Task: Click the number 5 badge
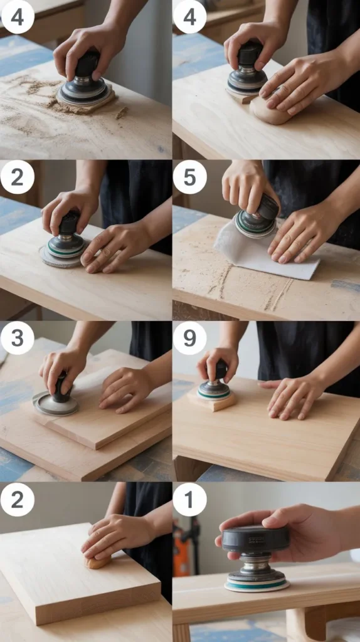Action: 189,177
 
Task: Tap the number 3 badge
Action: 17,338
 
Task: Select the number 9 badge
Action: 189,338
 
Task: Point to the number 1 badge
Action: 189,499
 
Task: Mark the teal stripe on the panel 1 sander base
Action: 257,585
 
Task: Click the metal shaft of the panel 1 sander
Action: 257,562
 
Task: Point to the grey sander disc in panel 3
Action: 55,403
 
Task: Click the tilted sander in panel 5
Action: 257,217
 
